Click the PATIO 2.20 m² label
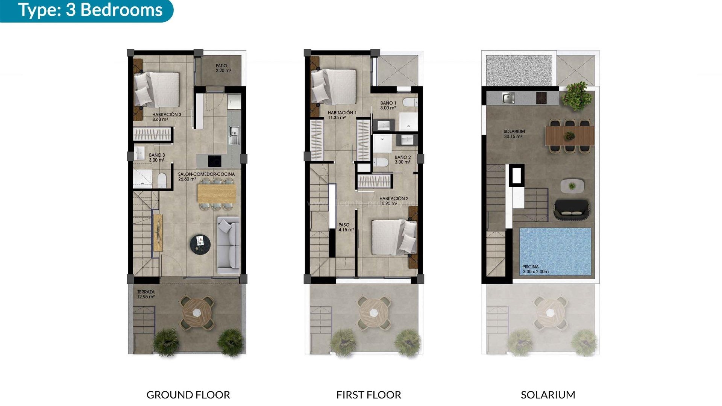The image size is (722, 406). [223, 68]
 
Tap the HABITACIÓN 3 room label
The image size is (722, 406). [167, 117]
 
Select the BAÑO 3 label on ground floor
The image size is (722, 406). [157, 158]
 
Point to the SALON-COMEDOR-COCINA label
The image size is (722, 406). [206, 176]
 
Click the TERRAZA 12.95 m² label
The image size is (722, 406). [146, 294]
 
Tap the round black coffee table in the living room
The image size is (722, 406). [200, 244]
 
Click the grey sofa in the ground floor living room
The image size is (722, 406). [228, 245]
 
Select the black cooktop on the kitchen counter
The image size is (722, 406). [215, 161]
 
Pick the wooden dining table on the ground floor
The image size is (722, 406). [216, 194]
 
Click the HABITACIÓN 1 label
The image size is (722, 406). [342, 115]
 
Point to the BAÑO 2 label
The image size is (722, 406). [402, 160]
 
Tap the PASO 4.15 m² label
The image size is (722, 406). [346, 227]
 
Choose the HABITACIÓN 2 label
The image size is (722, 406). [393, 201]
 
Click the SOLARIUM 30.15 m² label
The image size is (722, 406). [514, 134]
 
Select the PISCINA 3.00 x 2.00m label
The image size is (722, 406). [535, 269]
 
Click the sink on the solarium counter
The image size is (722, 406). [508, 98]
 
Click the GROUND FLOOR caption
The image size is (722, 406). [188, 395]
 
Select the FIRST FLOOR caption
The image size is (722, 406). [369, 395]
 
